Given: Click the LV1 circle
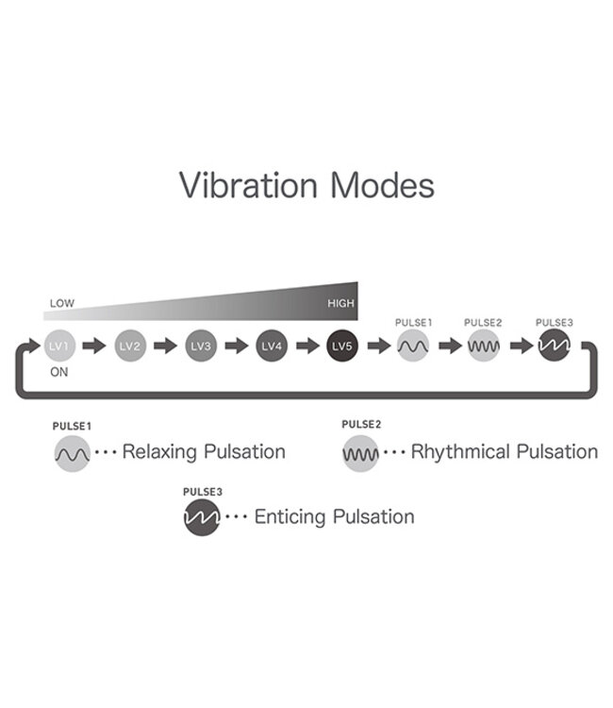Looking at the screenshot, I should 58,346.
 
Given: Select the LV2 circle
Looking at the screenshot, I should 130,346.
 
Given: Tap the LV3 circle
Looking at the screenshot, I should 201,346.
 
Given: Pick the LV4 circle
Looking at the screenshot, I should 272,346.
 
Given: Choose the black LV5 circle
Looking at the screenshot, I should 342,346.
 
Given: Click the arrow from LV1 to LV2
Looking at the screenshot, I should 94,346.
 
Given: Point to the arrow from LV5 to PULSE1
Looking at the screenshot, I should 378,346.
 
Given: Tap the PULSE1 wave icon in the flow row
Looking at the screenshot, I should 413,346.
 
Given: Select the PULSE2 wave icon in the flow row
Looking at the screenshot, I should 484,346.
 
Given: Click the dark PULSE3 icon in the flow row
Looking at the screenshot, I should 554,346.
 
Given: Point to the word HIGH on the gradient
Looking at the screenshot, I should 340,304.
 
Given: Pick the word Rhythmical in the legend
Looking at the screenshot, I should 459,452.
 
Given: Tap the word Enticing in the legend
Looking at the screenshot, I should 290,517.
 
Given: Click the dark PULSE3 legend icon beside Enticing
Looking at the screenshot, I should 202,517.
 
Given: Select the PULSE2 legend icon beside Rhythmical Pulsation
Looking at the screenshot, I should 360,454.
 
